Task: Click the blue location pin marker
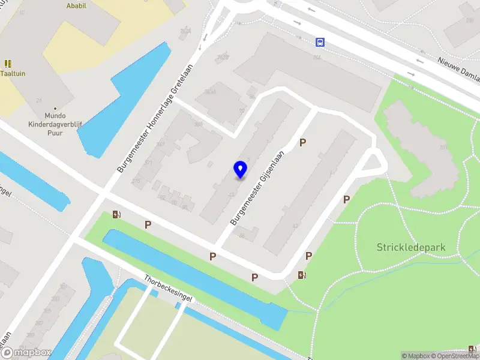[241, 170]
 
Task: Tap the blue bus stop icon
[320, 42]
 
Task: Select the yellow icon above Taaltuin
[8, 63]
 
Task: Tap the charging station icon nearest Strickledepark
[302, 275]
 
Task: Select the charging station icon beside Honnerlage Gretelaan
[116, 214]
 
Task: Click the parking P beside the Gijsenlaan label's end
[303, 143]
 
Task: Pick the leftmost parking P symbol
[148, 224]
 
